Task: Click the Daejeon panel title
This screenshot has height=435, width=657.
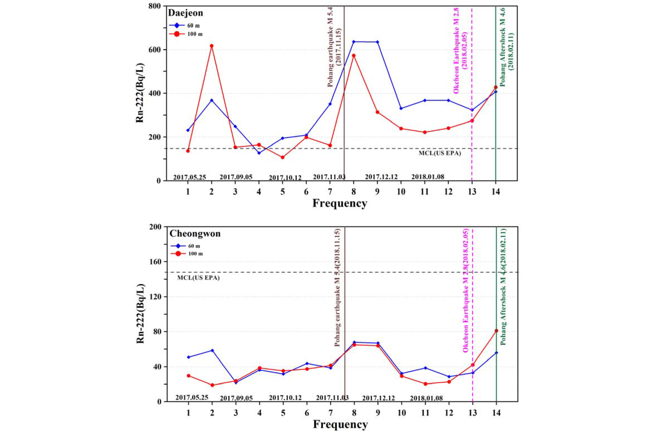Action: point(186,13)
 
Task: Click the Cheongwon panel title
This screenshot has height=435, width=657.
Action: point(195,234)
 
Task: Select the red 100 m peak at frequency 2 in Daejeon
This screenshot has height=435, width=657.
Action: point(212,46)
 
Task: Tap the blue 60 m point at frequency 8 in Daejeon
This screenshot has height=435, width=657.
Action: point(354,42)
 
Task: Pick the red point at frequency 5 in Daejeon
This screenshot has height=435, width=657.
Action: point(283,157)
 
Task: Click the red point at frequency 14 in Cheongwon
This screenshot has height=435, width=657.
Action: point(496,331)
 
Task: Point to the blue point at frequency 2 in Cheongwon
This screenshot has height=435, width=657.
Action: point(212,350)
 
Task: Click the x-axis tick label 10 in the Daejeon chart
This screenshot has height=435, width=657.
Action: point(401,192)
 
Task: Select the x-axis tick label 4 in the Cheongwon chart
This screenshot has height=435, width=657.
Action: point(260,413)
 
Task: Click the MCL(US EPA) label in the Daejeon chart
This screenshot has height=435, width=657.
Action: point(439,153)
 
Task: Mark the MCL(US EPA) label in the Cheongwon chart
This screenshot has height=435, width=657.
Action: point(198,278)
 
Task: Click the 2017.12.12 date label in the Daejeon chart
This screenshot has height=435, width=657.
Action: point(381,177)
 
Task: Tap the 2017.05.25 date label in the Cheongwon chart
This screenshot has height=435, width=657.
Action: point(192,397)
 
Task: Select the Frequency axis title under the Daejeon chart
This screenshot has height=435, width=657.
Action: point(340,203)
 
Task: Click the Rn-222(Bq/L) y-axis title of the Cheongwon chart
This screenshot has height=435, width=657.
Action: point(140,314)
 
